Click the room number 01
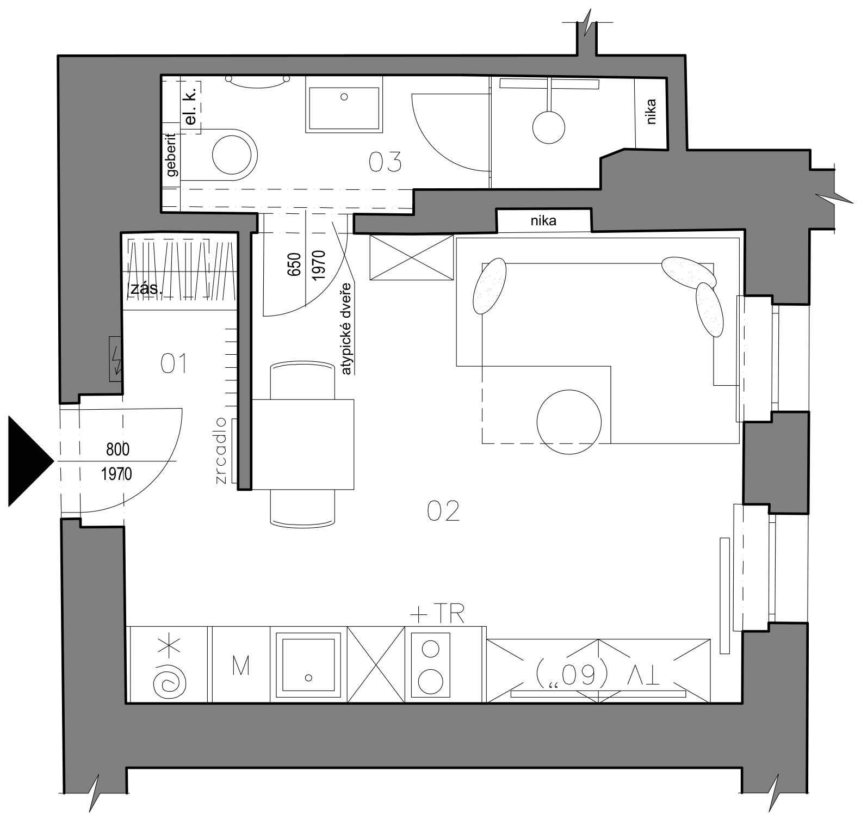[x=174, y=363]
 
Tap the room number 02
[x=443, y=511]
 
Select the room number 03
[x=385, y=162]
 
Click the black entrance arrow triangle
[x=30, y=461]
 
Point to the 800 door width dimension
[x=118, y=449]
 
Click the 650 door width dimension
[x=294, y=264]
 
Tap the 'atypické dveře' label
[x=347, y=329]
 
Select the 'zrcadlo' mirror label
[x=221, y=451]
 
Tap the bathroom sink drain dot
[x=344, y=97]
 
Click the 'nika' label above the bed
[x=543, y=221]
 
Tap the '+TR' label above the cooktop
[x=437, y=615]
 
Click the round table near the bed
[x=569, y=421]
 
